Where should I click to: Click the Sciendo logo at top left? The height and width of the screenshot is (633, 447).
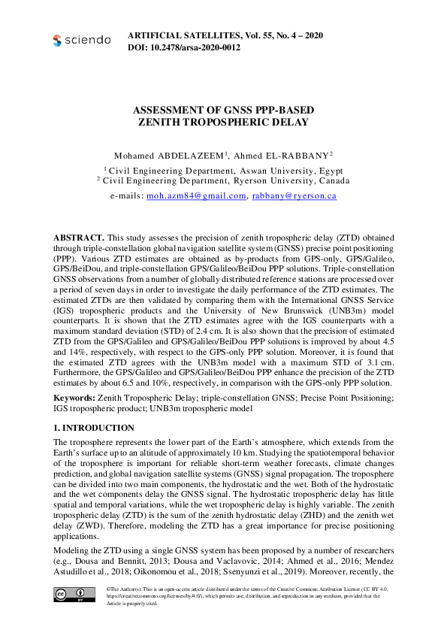pos(81,40)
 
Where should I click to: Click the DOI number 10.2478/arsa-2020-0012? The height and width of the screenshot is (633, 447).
pos(199,47)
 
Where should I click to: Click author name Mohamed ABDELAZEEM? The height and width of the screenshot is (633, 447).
pos(169,154)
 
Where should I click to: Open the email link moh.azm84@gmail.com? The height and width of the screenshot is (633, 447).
pos(196,195)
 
